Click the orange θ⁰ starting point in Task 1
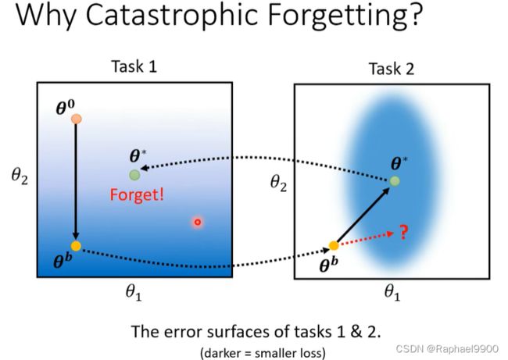(76, 119)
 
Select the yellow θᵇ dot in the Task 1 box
(76, 246)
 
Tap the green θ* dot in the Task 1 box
(134, 175)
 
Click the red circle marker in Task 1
(198, 222)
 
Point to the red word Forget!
(137, 195)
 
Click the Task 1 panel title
(134, 66)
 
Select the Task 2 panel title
(392, 69)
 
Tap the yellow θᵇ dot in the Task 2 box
(334, 246)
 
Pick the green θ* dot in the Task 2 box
(394, 181)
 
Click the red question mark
(403, 232)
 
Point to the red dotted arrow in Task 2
(366, 239)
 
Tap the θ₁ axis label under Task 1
(134, 293)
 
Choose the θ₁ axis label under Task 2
(392, 293)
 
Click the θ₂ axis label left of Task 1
(20, 176)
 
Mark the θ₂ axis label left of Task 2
(279, 184)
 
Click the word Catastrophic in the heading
(174, 15)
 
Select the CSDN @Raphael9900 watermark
(447, 348)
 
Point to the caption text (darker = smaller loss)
(263, 353)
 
